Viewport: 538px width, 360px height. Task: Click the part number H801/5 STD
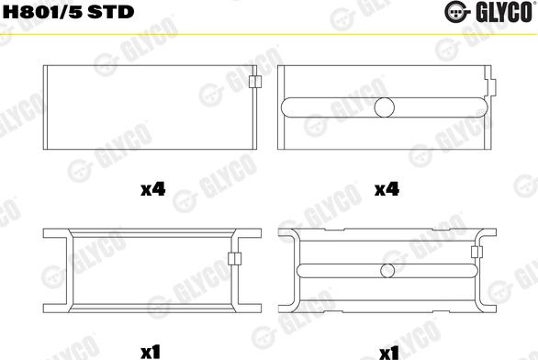click(x=68, y=12)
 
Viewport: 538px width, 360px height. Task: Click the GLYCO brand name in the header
click(x=504, y=12)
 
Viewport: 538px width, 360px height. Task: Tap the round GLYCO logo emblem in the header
click(x=456, y=12)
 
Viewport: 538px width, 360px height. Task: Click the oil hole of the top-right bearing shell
click(x=385, y=107)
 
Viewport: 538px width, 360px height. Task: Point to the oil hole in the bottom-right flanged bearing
click(x=387, y=271)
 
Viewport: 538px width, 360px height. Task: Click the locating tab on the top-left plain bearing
click(x=255, y=82)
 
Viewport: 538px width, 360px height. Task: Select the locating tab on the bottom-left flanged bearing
click(x=235, y=259)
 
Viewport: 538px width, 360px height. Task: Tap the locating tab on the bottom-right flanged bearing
click(x=476, y=253)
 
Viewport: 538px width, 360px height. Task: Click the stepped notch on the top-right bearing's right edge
click(x=491, y=83)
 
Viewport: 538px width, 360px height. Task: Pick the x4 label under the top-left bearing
click(x=153, y=189)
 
